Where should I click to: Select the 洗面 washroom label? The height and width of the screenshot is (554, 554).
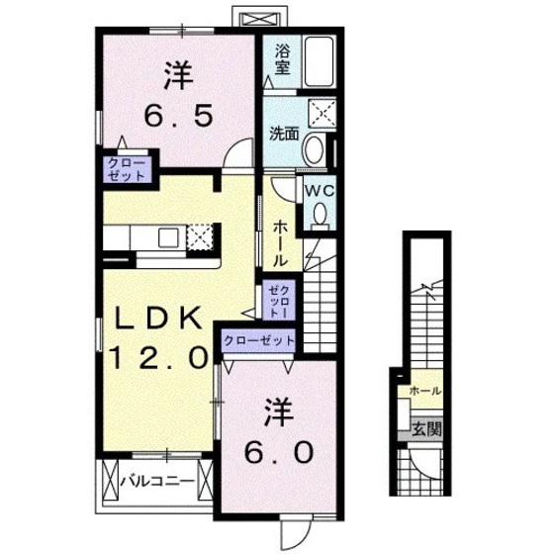pyautogui.click(x=284, y=135)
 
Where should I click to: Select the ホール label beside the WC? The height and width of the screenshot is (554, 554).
pyautogui.click(x=280, y=241)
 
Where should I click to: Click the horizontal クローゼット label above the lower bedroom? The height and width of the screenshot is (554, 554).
pyautogui.click(x=260, y=340)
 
